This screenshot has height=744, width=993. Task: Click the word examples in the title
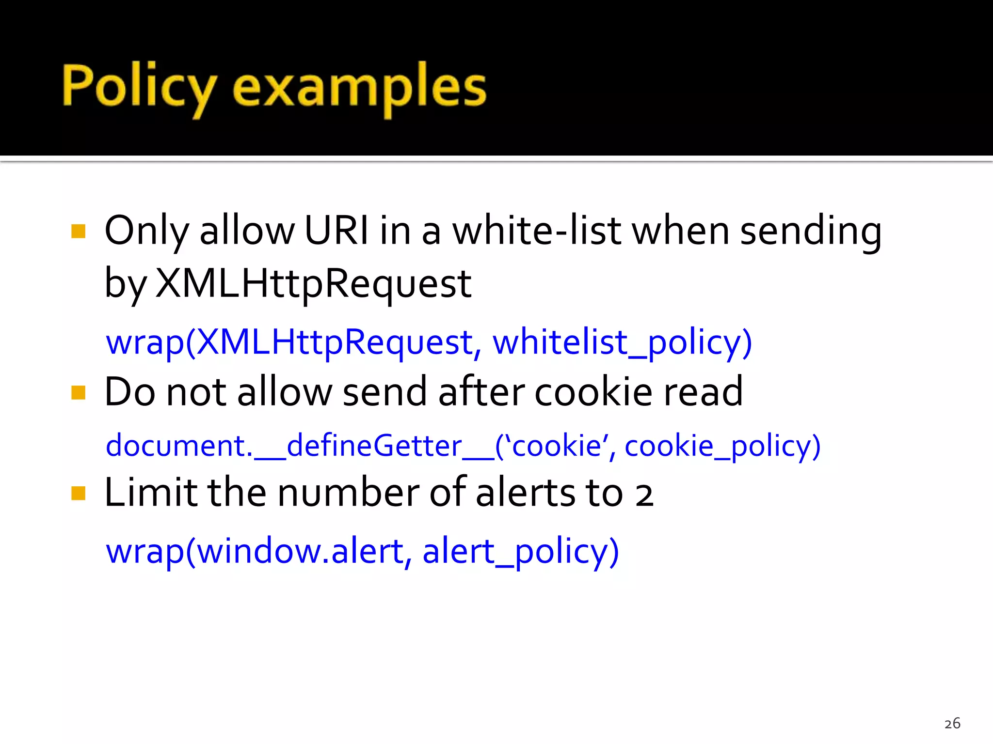coord(359,88)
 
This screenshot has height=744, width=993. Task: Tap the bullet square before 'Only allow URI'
coord(78,231)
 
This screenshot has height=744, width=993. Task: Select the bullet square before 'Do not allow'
coord(78,392)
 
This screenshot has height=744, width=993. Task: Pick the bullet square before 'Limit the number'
coord(78,493)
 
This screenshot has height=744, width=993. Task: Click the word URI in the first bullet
coord(336,231)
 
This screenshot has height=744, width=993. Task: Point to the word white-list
coord(537,231)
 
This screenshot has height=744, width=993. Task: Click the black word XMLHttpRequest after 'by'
coord(313,283)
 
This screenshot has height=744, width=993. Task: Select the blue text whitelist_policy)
coord(622,342)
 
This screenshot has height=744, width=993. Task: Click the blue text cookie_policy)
coord(722,446)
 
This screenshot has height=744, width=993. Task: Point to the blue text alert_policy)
coord(520,551)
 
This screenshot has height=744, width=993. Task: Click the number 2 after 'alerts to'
coord(644,494)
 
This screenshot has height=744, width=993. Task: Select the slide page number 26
coord(952,723)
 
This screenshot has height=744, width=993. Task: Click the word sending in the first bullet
coord(811,232)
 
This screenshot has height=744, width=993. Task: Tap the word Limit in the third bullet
coord(150,493)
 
